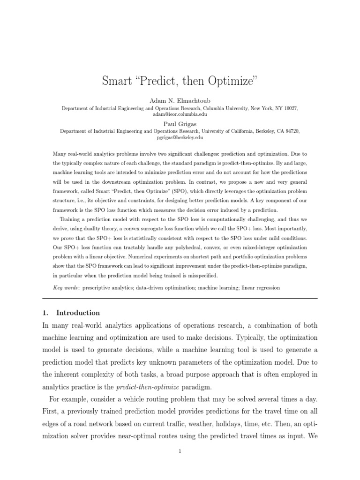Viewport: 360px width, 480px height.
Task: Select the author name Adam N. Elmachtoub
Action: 180,101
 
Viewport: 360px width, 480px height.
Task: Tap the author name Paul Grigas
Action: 180,124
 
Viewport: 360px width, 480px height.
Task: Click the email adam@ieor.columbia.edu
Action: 180,114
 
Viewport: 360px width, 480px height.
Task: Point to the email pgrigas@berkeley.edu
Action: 180,137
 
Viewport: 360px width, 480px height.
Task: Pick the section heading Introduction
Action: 78,313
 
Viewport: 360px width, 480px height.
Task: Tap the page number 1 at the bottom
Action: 180,451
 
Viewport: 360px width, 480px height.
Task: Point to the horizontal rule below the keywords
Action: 180,298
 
